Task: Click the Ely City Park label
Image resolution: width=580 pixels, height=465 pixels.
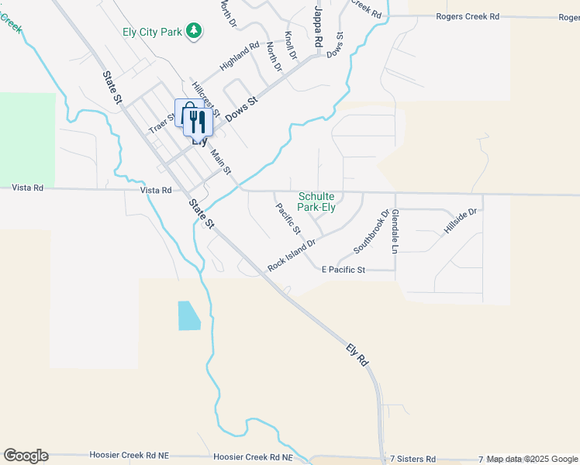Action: tap(152, 31)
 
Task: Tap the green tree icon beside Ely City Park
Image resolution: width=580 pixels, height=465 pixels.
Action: tap(195, 31)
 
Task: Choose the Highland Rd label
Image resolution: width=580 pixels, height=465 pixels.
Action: tap(239, 57)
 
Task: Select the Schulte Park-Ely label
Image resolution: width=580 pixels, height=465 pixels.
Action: tap(317, 202)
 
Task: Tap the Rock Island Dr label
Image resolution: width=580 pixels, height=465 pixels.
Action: tap(292, 254)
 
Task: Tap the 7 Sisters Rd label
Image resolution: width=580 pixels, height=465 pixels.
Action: tap(413, 459)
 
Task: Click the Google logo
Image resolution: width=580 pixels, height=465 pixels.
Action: tap(26, 456)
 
